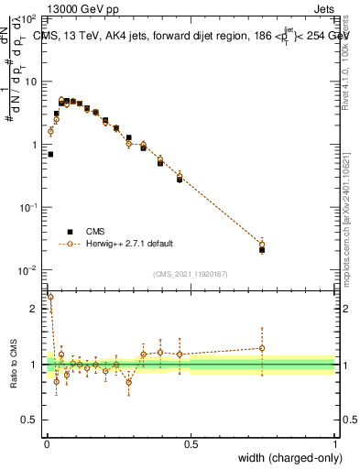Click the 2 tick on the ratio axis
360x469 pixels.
34,309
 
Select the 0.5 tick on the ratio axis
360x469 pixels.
30,421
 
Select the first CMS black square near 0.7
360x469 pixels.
50,155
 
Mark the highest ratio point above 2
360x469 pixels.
50,297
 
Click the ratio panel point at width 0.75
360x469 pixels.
262,348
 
